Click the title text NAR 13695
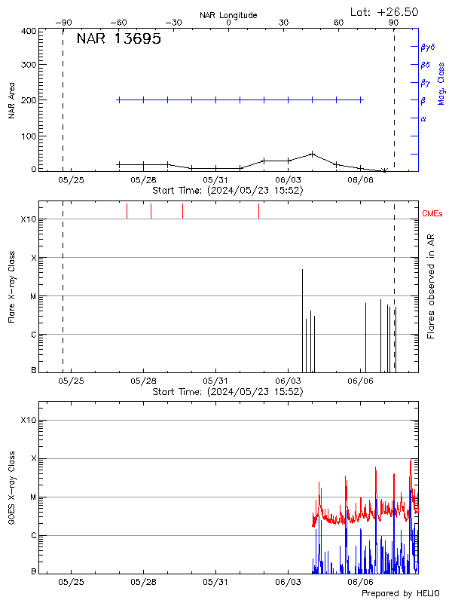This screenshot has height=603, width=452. pos(118,40)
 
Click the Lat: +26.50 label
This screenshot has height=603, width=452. pos(384,11)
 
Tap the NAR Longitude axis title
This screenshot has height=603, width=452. pos(228,15)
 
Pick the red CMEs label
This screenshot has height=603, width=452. pos(433,214)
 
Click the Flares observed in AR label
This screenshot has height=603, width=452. pos(430,286)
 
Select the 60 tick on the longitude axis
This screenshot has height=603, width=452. pos(338,23)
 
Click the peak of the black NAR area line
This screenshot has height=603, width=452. pos(312,154)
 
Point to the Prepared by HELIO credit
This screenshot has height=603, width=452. pos(399,593)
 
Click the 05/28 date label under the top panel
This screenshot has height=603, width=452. pos(143,181)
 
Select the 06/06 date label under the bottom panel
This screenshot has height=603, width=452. pos(360,582)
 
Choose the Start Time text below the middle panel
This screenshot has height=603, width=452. pos(228,392)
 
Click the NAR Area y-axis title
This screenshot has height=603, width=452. pos(12,100)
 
